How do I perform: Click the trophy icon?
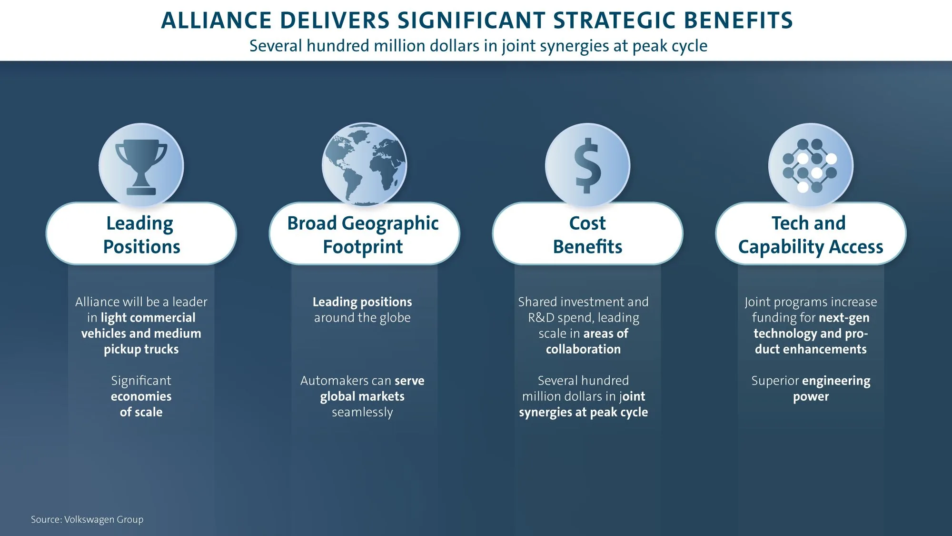[x=141, y=167]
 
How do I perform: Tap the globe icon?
[x=364, y=164]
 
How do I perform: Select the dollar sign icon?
[x=588, y=165]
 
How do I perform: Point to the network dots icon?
[x=810, y=166]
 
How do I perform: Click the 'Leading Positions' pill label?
[x=141, y=233]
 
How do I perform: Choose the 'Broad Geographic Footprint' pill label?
[x=364, y=233]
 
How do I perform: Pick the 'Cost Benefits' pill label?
[x=587, y=233]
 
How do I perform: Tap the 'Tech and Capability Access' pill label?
[x=811, y=233]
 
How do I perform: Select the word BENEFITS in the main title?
[x=738, y=20]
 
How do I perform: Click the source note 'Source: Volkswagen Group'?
[x=87, y=519]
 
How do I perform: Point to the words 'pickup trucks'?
[x=141, y=349]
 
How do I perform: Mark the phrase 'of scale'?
[x=141, y=412]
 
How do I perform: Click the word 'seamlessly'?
[x=362, y=412]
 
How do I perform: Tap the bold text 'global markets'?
[x=362, y=396]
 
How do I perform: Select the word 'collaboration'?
[x=584, y=349]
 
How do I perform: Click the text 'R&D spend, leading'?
[x=584, y=318]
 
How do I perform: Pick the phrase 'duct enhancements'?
[x=811, y=349]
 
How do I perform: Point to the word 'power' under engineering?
[x=811, y=397]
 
